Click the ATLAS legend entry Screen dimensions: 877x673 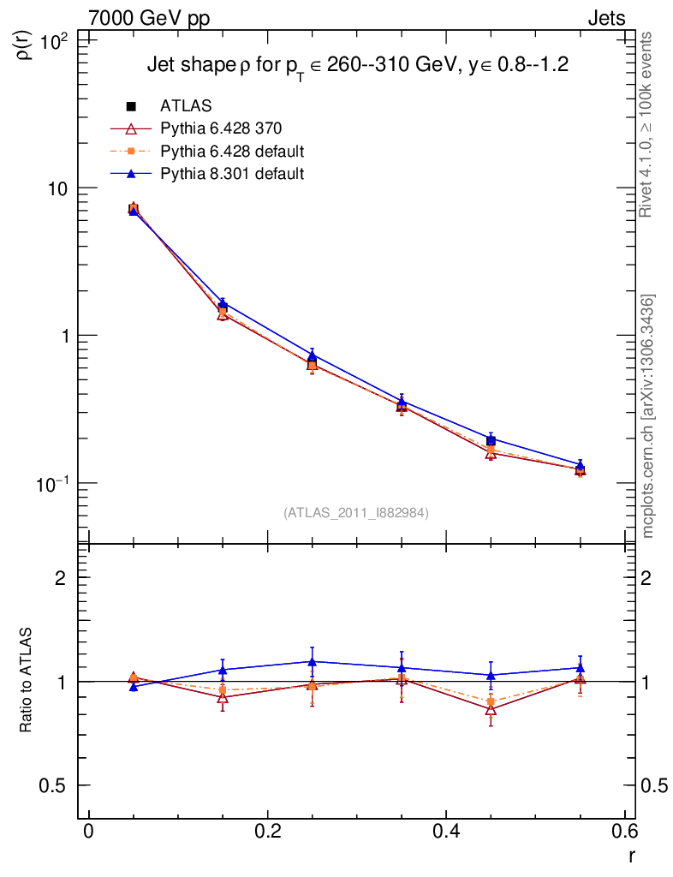(x=186, y=106)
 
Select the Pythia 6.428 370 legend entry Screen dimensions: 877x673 (x=220, y=128)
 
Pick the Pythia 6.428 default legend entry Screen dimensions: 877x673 (x=231, y=152)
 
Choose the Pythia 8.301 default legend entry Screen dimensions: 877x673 (x=231, y=174)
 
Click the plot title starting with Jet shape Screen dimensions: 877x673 (x=358, y=65)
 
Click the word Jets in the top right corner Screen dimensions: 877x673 (x=605, y=18)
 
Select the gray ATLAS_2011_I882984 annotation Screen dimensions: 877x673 (x=356, y=512)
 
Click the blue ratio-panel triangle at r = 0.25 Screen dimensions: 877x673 (x=313, y=661)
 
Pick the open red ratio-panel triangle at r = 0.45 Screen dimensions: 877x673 (x=491, y=709)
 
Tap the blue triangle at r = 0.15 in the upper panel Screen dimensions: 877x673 (x=223, y=303)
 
